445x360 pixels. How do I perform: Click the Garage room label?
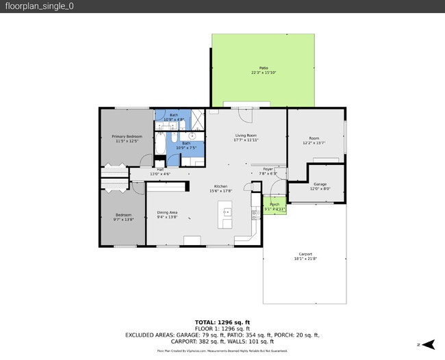click(320, 184)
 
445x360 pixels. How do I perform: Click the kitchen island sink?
click(227, 213)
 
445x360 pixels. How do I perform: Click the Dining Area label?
click(167, 212)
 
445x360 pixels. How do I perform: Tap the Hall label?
click(160, 169)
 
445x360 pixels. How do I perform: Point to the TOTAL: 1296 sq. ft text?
click(222, 322)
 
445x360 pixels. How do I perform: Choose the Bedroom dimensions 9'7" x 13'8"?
click(123, 219)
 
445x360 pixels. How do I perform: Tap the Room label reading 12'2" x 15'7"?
click(314, 143)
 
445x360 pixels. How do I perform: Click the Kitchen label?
click(220, 187)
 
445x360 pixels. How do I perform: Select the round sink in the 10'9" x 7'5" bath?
click(192, 136)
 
